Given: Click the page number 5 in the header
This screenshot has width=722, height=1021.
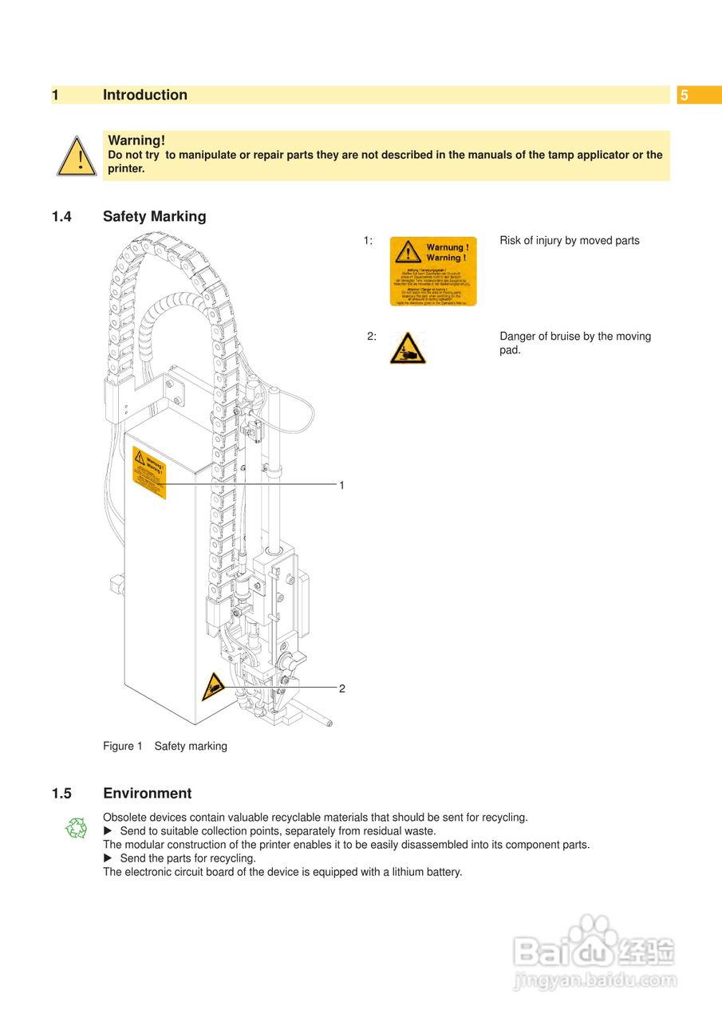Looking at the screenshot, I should (x=684, y=96).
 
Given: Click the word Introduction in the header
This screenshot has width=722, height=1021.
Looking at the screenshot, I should (x=145, y=95).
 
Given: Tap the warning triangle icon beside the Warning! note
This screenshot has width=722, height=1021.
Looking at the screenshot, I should (x=77, y=156).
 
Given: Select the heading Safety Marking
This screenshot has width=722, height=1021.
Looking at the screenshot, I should (x=154, y=216).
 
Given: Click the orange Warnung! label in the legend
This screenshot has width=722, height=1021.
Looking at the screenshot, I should (x=432, y=271).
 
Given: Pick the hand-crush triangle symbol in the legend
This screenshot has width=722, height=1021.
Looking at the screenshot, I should (x=408, y=349).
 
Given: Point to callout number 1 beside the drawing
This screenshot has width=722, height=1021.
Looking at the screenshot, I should (x=341, y=485).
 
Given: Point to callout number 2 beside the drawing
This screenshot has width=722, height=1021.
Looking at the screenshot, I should (x=341, y=688).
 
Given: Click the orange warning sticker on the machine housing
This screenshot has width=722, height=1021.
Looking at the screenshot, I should (x=149, y=473).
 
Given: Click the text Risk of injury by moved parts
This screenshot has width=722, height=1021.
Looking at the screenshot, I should (x=569, y=241).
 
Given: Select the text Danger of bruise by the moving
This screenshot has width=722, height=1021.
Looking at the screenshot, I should (x=574, y=337).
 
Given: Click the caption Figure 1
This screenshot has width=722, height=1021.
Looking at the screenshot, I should (x=122, y=747).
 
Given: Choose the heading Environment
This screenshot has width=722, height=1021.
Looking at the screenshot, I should (x=147, y=794).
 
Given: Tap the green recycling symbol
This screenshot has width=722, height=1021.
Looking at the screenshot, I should (x=76, y=828).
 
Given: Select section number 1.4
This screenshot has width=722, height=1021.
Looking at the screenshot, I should (x=62, y=216).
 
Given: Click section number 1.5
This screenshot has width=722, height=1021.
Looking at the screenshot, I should (x=62, y=794).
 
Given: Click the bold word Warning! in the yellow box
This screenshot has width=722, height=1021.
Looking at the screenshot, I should (x=136, y=140).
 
